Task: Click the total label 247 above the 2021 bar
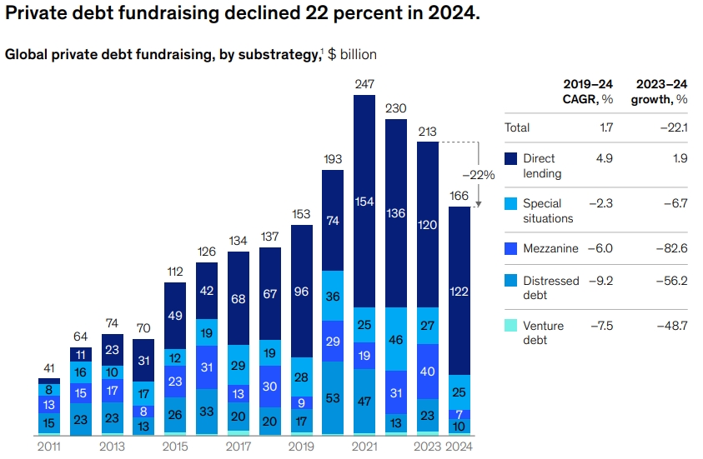tap(364, 85)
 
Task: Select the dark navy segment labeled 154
tap(364, 202)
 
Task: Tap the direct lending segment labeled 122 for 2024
tap(459, 291)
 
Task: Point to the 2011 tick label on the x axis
tap(48, 447)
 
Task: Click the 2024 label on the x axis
tap(459, 447)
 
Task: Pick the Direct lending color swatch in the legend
tap(510, 158)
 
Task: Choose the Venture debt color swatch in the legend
tap(510, 326)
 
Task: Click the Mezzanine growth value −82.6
tap(671, 248)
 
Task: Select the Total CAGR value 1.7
tap(606, 128)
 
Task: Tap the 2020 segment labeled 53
tap(333, 399)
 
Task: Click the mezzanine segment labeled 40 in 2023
tap(427, 371)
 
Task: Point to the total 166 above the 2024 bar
tap(459, 196)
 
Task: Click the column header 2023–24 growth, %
tap(662, 92)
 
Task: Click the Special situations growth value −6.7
tap(674, 203)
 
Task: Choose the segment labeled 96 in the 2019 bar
tap(301, 292)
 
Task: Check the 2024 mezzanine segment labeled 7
tap(459, 414)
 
